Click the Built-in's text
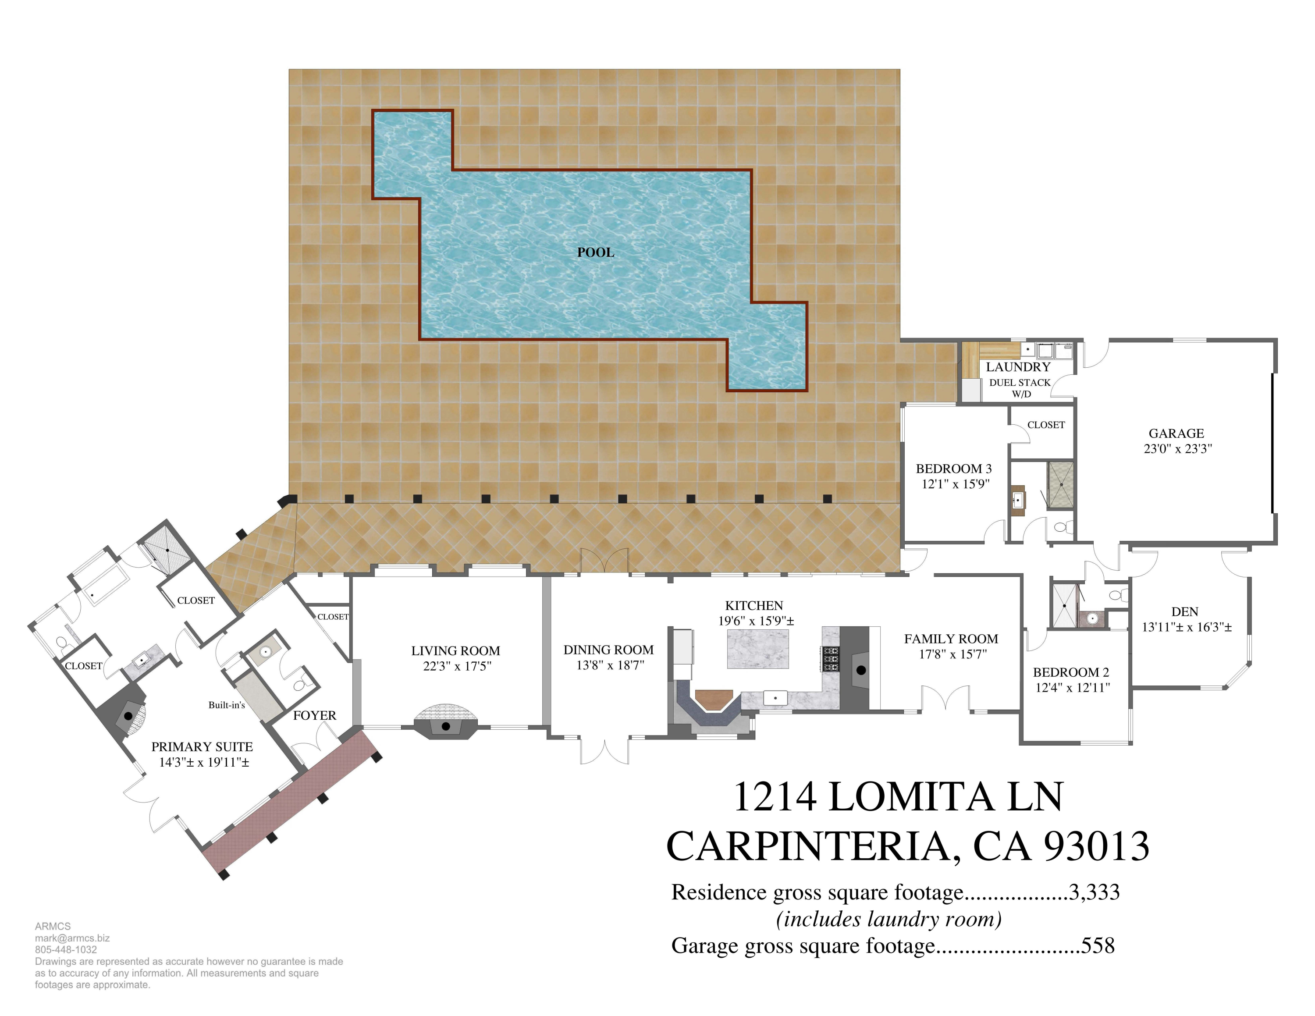click(x=226, y=705)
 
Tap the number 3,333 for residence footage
click(x=1094, y=892)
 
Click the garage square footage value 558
click(x=1098, y=945)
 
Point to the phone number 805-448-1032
click(x=66, y=950)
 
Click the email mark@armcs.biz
click(x=71, y=938)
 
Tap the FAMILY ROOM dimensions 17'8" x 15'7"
click(x=952, y=654)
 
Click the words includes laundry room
click(x=889, y=919)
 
